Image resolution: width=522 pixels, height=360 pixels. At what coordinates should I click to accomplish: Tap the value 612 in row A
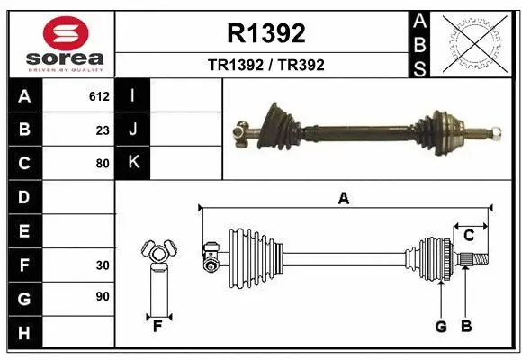[99, 96]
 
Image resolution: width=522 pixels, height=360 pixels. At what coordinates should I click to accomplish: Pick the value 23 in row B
[103, 130]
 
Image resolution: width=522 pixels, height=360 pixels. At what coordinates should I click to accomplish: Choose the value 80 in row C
[103, 164]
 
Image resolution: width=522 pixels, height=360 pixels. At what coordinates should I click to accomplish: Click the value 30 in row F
[103, 265]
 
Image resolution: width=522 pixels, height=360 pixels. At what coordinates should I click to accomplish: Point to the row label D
[24, 197]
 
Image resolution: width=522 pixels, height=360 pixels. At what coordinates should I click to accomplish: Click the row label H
[24, 334]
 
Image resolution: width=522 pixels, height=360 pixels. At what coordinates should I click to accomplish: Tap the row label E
[24, 231]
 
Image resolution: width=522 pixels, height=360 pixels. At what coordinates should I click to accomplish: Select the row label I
[133, 96]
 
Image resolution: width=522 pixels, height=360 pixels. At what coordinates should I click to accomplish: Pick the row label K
[133, 163]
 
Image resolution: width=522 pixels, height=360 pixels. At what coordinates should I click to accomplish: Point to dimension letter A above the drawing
[343, 199]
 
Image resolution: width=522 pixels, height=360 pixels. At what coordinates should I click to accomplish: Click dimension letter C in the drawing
[469, 235]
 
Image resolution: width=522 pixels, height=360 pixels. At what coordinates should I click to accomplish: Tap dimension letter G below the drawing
[441, 327]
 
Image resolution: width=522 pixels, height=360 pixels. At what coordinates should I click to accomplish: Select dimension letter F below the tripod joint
[157, 327]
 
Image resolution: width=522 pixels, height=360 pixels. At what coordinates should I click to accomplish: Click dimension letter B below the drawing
[466, 327]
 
